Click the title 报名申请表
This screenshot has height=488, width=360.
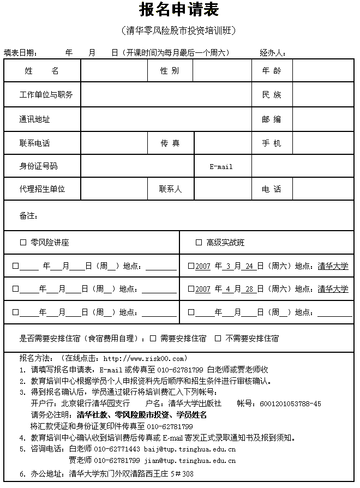point(179,10)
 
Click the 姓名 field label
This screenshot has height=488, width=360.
point(42,71)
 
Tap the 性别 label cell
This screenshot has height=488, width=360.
point(169,71)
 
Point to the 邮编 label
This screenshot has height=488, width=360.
point(272,119)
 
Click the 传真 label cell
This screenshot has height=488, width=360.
point(170,143)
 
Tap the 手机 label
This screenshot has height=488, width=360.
point(272,143)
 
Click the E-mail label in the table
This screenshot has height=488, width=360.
point(221,166)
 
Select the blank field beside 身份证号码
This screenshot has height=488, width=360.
point(137,166)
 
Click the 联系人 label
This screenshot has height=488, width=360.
point(170,189)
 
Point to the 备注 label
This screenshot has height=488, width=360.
point(28,216)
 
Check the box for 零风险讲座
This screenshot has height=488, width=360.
point(23,243)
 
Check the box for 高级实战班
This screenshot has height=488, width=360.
point(199,243)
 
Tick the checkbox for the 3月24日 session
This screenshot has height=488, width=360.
point(191,266)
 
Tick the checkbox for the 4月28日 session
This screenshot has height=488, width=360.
point(191,289)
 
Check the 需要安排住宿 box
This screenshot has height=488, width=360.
point(153,339)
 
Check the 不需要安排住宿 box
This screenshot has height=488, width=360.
point(218,339)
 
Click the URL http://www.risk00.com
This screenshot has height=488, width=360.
point(145,358)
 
